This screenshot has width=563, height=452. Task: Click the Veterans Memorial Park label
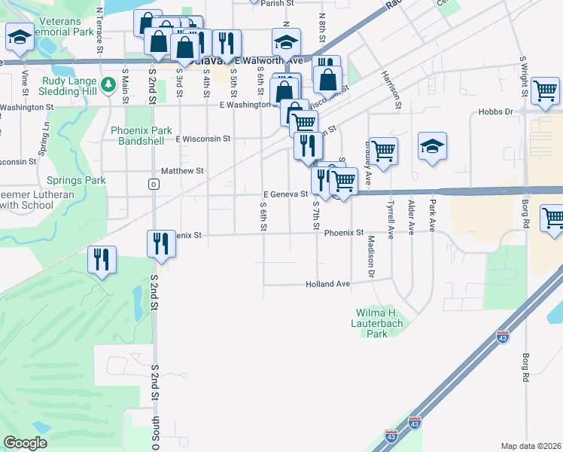pos(68,26)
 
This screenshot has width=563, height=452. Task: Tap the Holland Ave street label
pos(328,284)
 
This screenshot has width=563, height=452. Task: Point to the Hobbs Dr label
pos(495,111)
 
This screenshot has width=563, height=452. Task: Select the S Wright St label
pos(523,77)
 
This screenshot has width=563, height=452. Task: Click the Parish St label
pos(277,3)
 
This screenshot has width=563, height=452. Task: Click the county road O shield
pos(154,184)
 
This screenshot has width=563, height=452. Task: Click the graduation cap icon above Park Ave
pos(432,145)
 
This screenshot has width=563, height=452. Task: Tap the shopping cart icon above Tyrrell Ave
pos(383,150)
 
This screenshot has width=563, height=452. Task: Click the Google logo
pos(25,443)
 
